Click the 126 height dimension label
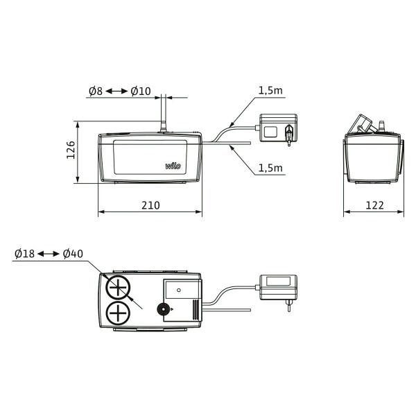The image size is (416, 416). pyautogui.click(x=71, y=150)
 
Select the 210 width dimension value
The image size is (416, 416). pyautogui.click(x=150, y=205)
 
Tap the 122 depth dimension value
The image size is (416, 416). pyautogui.click(x=374, y=205)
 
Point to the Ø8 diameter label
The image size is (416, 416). pyautogui.click(x=96, y=91)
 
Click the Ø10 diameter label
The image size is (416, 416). pyautogui.click(x=141, y=91)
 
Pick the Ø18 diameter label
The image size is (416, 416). pyautogui.click(x=25, y=254)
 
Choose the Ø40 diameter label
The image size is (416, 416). pyautogui.click(x=73, y=254)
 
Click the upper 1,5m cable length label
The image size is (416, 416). pyautogui.click(x=270, y=90)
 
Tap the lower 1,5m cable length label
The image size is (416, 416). pyautogui.click(x=270, y=168)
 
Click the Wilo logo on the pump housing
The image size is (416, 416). pyautogui.click(x=173, y=166)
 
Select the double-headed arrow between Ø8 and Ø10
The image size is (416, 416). pyautogui.click(x=116, y=92)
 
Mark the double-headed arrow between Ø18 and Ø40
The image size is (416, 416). pyautogui.click(x=49, y=254)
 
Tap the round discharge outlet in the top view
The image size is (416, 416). pyautogui.click(x=163, y=309)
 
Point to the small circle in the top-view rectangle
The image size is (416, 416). pyautogui.click(x=179, y=290)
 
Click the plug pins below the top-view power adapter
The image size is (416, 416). pyautogui.click(x=288, y=306)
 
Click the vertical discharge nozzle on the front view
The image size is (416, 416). pyautogui.click(x=164, y=114)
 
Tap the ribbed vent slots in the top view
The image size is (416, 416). pyautogui.click(x=196, y=309)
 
